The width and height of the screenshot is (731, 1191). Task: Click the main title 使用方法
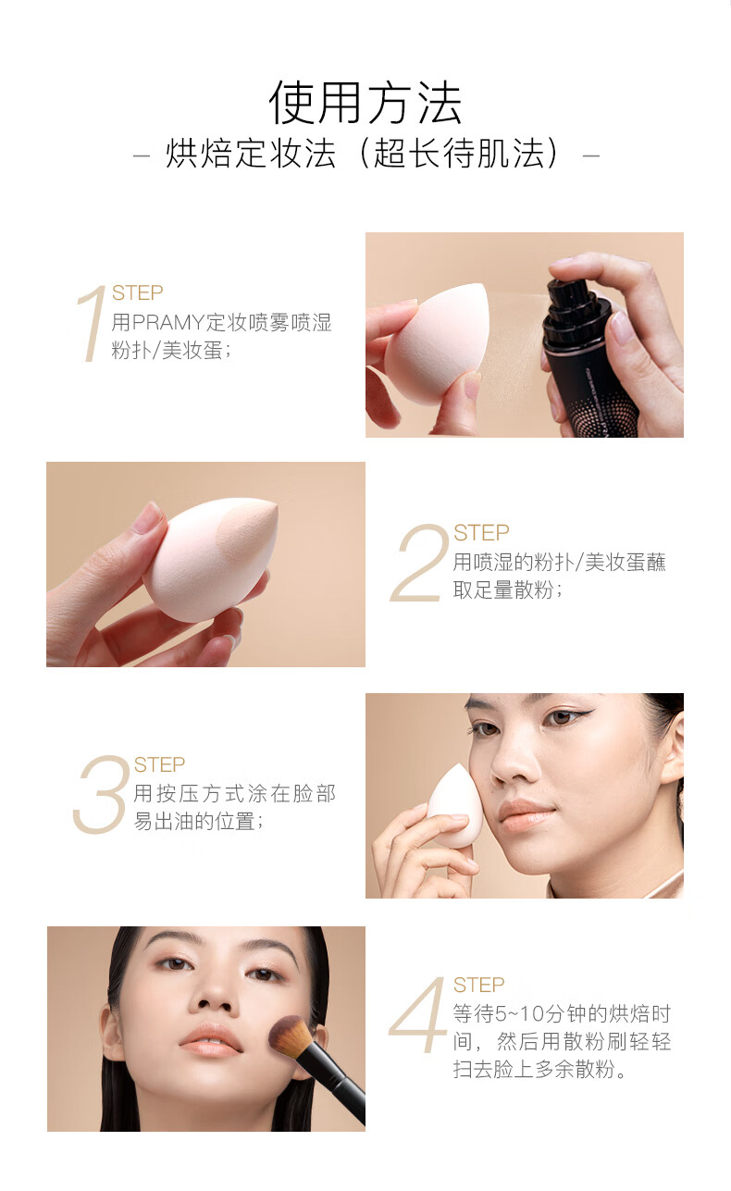365,103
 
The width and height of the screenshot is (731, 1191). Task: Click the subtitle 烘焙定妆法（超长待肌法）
365,154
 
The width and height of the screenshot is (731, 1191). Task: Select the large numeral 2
419,563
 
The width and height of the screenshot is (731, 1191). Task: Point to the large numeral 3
102,794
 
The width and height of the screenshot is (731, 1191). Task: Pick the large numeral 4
418,1016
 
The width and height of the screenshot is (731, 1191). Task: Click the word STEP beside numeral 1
137,293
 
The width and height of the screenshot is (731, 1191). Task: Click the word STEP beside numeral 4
478,986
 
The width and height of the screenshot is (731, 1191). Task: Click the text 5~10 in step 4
519,1014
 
